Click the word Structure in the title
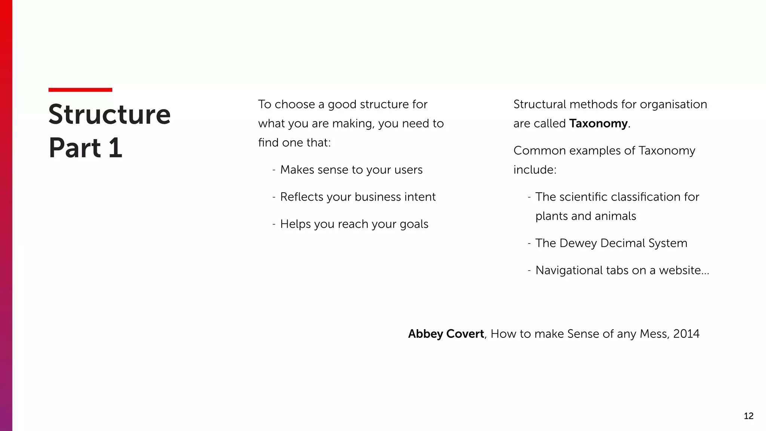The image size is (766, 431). (109, 114)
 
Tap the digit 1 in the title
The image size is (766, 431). (116, 148)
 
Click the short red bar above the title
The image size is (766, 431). (80, 90)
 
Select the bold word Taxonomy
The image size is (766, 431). (598, 123)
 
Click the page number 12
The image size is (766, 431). (748, 416)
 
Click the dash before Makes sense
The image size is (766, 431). (274, 170)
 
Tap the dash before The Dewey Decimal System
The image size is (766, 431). (529, 243)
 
